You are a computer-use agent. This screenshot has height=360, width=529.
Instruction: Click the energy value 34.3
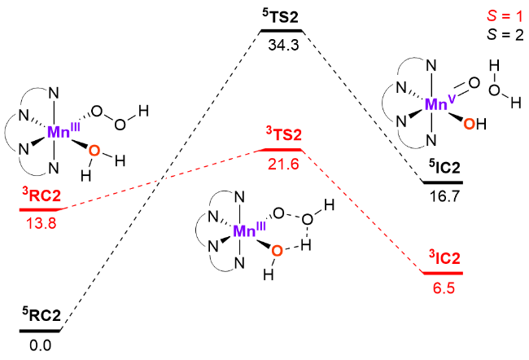tap(282, 46)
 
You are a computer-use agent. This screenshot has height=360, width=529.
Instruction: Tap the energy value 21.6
tap(282, 164)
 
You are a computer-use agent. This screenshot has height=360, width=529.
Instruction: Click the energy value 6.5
tap(444, 286)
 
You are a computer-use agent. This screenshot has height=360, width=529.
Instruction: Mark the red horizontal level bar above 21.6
tap(279, 151)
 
